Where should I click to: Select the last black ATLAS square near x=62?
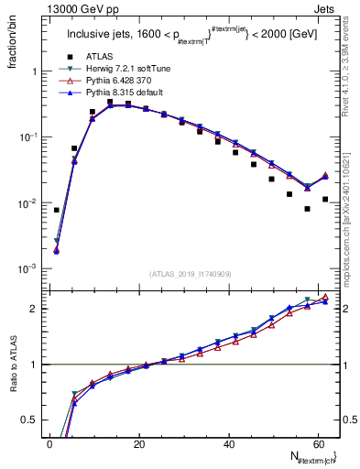coord(325,224)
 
